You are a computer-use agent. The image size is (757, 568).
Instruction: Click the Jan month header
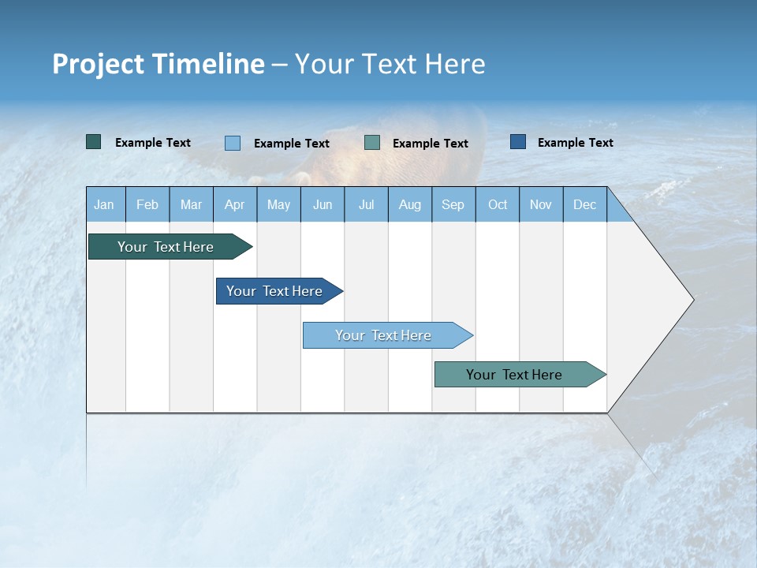pyautogui.click(x=104, y=204)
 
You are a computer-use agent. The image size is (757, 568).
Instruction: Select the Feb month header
pyautogui.click(x=147, y=204)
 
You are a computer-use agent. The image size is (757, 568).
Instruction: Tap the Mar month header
pyautogui.click(x=191, y=204)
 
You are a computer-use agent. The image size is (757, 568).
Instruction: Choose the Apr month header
pyautogui.click(x=235, y=204)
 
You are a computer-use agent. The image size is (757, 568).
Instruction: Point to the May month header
pyautogui.click(x=278, y=204)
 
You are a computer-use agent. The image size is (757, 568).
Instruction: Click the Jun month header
pyautogui.click(x=323, y=204)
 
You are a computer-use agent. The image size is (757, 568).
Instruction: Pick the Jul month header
pyautogui.click(x=366, y=204)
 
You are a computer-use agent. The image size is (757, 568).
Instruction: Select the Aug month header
pyautogui.click(x=410, y=204)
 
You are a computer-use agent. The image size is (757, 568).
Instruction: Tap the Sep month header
pyautogui.click(x=453, y=204)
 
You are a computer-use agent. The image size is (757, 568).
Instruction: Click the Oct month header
pyautogui.click(x=498, y=204)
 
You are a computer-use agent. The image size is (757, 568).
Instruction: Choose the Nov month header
pyautogui.click(x=541, y=204)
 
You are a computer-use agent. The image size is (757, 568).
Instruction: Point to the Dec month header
pyautogui.click(x=585, y=204)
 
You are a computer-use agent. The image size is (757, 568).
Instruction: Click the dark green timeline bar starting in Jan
pyautogui.click(x=166, y=247)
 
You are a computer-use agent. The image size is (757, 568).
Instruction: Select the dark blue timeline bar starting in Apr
pyautogui.click(x=274, y=291)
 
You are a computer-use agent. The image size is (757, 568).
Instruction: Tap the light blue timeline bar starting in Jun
pyautogui.click(x=383, y=335)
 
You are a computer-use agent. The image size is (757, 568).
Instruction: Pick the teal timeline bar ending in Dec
pyautogui.click(x=514, y=375)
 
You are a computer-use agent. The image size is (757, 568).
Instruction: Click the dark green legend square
pyautogui.click(x=94, y=142)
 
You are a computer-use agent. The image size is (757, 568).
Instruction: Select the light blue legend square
pyautogui.click(x=233, y=143)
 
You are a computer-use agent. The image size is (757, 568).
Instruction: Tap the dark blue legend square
pyautogui.click(x=518, y=142)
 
